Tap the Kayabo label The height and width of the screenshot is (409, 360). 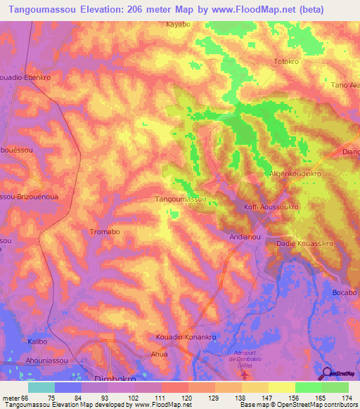pos(179,24)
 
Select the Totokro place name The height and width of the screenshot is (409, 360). pos(286,62)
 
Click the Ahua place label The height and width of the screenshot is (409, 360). pos(161,355)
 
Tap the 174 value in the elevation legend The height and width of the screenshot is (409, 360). pos(347,397)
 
